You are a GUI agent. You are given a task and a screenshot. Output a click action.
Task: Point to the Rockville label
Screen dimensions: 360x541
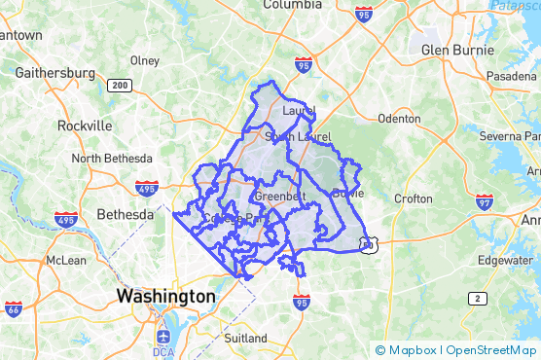click(x=85, y=126)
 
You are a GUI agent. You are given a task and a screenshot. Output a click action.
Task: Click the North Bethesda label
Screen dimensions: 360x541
click(x=112, y=159)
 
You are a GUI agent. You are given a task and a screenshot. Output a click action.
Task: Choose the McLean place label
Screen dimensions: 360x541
click(x=66, y=260)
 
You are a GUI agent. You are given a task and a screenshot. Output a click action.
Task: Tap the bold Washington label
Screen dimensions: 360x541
click(x=165, y=295)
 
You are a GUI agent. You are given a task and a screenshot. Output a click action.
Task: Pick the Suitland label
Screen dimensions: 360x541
click(x=245, y=338)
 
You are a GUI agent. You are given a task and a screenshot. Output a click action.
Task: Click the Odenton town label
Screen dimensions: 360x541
click(x=399, y=119)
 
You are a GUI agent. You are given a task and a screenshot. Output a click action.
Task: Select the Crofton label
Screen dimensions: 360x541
click(x=414, y=198)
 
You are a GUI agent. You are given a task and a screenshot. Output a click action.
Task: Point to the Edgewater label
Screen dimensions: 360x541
click(x=505, y=260)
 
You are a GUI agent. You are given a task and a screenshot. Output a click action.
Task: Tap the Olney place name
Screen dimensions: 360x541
click(x=144, y=59)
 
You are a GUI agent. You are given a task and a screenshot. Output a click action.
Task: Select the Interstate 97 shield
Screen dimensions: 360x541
click(x=485, y=201)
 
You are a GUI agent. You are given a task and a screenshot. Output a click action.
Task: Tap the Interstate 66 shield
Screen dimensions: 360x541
click(x=14, y=309)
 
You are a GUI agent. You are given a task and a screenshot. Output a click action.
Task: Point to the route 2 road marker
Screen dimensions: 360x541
click(x=477, y=298)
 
